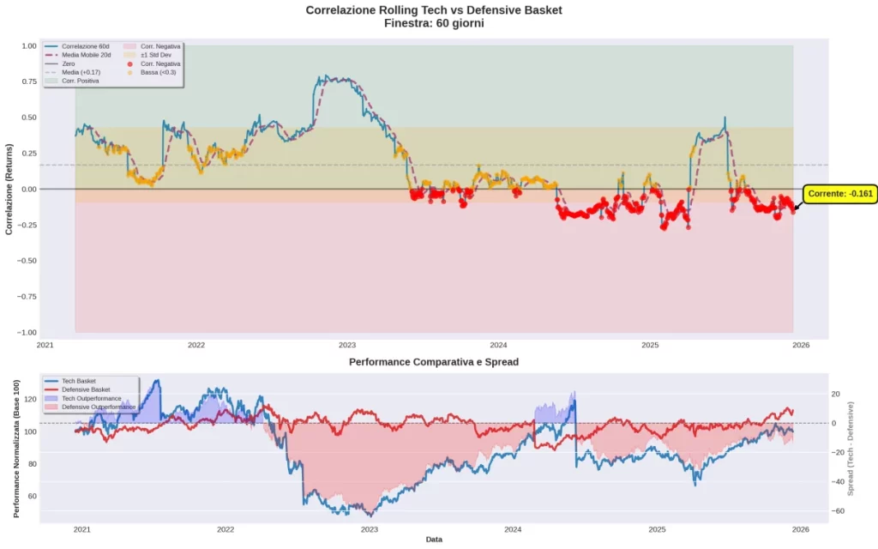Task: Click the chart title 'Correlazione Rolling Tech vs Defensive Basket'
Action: point(434,10)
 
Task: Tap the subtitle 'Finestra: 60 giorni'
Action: point(434,23)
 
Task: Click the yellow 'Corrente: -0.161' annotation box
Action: point(840,194)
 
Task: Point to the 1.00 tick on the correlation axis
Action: point(29,45)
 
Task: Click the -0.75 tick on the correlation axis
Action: point(27,297)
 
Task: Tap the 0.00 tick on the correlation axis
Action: point(29,189)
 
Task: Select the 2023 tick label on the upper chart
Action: point(347,346)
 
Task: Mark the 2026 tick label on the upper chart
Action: point(801,346)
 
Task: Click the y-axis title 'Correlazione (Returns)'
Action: point(9,189)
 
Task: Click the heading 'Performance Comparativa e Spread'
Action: point(434,362)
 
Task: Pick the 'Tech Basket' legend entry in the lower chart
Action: point(79,381)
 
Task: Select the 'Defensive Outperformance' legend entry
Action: point(99,407)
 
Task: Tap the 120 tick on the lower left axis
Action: point(29,399)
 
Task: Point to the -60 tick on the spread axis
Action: point(839,511)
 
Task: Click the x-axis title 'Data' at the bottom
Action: point(434,540)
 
